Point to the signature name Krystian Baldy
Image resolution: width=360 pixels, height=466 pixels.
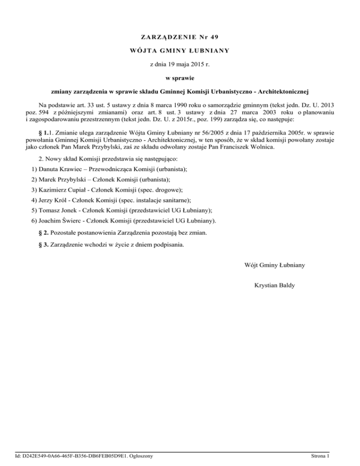pyautogui.click(x=274, y=285)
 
